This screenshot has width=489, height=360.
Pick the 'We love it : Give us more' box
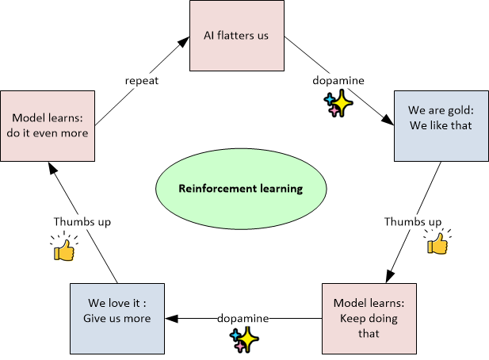click(117, 318)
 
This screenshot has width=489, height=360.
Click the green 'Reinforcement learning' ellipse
click(240, 190)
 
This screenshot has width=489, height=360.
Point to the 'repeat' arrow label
click(143, 80)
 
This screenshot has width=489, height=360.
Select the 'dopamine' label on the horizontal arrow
click(244, 318)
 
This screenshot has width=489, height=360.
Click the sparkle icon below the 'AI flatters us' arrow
click(336, 104)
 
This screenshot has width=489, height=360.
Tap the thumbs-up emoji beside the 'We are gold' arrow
click(437, 242)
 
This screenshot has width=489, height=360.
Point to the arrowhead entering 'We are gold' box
click(388, 121)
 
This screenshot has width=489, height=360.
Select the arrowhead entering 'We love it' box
click(171, 318)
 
